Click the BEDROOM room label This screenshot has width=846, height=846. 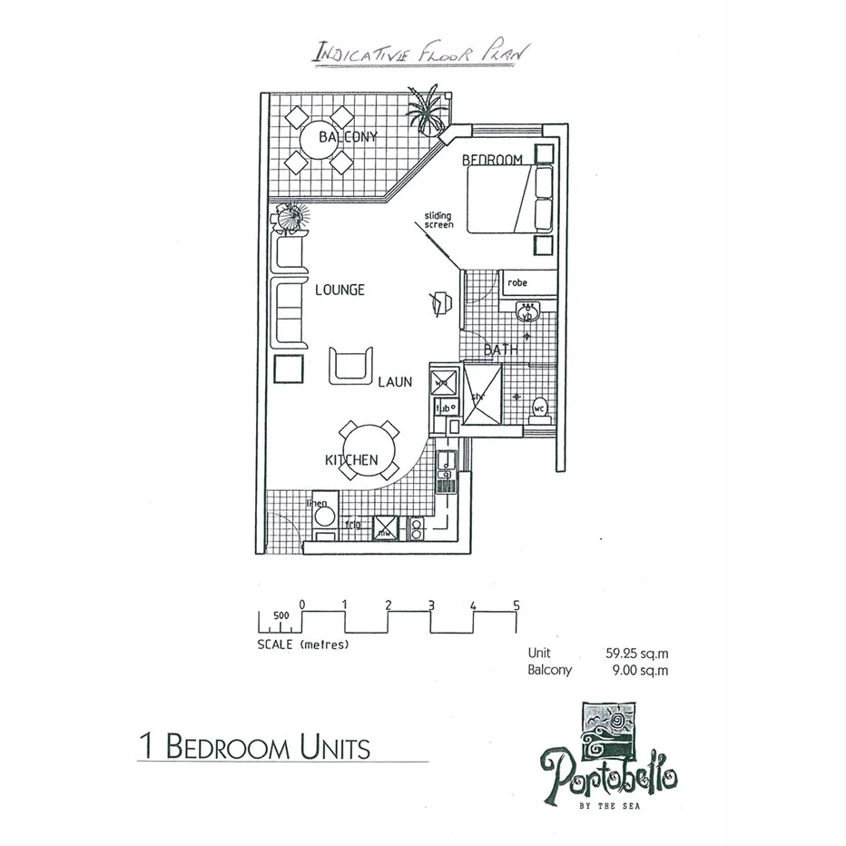(493, 161)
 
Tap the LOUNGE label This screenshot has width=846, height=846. (339, 290)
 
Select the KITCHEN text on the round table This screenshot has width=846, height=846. (351, 460)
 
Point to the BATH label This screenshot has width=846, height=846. (500, 349)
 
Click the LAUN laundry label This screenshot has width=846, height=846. (396, 383)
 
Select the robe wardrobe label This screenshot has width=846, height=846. (517, 283)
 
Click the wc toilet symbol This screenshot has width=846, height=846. (538, 408)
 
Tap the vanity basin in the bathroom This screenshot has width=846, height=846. (526, 315)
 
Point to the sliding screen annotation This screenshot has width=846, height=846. (438, 220)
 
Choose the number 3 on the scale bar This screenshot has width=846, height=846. (431, 605)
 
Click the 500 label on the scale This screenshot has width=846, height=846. (281, 615)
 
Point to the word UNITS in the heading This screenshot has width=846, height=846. (332, 748)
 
